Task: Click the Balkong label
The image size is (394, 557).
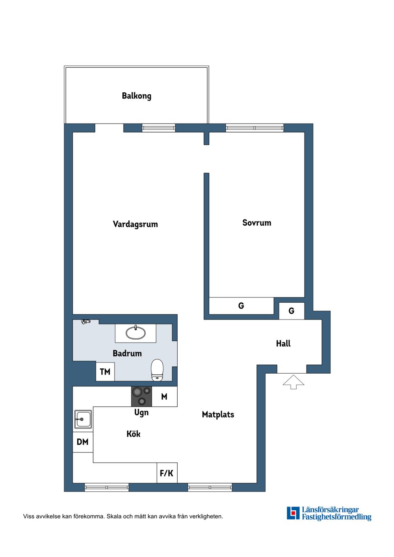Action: [x=136, y=96]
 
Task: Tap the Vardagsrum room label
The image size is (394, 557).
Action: [x=135, y=224]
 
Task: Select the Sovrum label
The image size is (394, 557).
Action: [x=257, y=223]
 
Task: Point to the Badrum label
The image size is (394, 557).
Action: [x=127, y=353]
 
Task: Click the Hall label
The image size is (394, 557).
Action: [x=283, y=344]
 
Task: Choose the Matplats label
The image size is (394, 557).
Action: [x=218, y=415]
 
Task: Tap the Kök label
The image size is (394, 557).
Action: [x=133, y=434]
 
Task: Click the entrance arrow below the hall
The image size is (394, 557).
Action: [x=293, y=382]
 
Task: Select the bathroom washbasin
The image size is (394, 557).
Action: [x=135, y=333]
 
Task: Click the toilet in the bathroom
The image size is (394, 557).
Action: [x=157, y=370]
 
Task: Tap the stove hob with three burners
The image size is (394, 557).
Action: [x=142, y=396]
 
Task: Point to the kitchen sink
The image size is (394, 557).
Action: [x=83, y=419]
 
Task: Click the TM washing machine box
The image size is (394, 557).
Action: [x=105, y=372]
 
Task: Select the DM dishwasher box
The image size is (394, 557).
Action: [x=83, y=442]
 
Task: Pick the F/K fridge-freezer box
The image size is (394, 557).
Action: [x=167, y=473]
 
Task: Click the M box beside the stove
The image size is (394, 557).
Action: [x=164, y=397]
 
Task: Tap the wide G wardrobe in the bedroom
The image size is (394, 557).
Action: [x=241, y=306]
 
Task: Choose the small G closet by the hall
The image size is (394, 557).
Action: [x=291, y=311]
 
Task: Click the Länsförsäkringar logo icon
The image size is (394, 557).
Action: [x=293, y=513]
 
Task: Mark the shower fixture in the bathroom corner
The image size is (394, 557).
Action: [x=85, y=322]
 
